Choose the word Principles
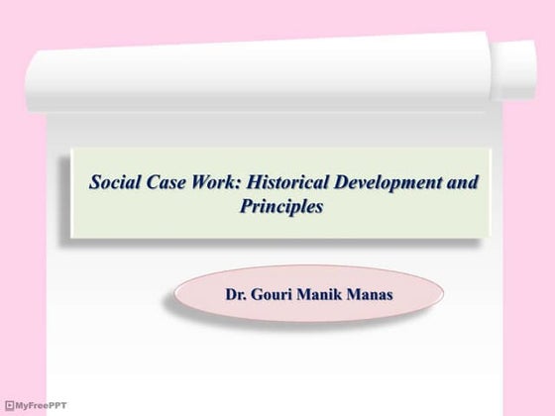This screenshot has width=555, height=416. [x=281, y=208]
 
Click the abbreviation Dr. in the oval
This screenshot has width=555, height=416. [x=240, y=294]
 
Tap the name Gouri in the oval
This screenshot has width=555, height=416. [x=279, y=294]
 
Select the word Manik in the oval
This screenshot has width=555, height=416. [x=326, y=294]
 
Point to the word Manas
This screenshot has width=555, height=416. [x=372, y=294]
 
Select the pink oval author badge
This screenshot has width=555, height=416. [x=307, y=294]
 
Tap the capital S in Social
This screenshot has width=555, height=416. [x=95, y=183]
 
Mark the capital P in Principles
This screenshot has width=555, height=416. [x=246, y=208]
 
